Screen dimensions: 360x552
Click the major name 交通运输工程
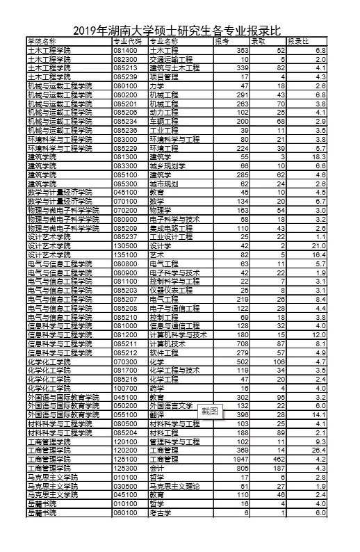pyautogui.click(x=170, y=60)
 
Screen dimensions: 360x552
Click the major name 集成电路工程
pyautogui.click(x=170, y=227)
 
